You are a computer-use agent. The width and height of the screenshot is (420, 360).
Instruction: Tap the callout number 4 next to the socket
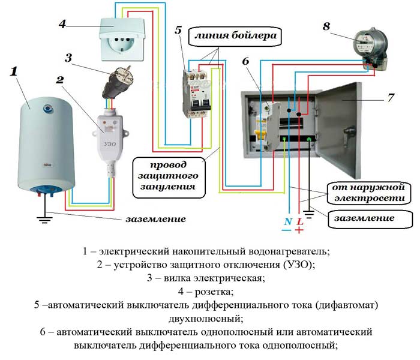coord(62,25)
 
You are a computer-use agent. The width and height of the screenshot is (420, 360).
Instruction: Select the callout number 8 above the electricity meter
coord(326,27)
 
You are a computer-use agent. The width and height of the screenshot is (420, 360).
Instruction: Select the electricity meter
coord(368,46)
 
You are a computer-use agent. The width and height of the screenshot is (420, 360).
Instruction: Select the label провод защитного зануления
coord(168,175)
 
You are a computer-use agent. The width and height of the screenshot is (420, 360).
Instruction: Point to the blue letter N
coord(288,221)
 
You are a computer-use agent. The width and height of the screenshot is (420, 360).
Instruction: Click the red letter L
coord(300,221)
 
